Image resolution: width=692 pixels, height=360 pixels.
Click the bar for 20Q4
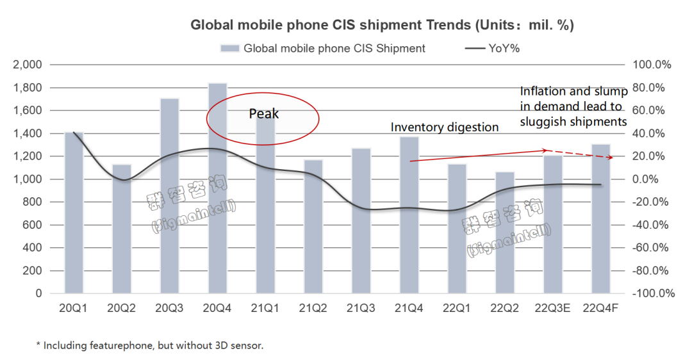click(x=217, y=192)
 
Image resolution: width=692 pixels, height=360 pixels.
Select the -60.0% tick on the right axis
click(x=652, y=248)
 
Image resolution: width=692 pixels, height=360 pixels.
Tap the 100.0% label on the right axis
click(x=652, y=65)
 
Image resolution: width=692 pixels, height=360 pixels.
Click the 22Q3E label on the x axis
click(x=553, y=309)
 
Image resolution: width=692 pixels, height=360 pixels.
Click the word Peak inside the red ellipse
click(x=264, y=114)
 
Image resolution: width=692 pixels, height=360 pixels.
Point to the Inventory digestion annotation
click(x=444, y=127)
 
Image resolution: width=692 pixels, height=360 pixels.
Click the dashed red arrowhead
click(x=617, y=158)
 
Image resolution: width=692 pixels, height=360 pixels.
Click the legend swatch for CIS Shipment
click(x=229, y=48)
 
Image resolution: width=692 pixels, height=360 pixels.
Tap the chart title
click(x=382, y=26)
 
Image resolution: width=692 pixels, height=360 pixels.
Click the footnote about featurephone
click(x=149, y=345)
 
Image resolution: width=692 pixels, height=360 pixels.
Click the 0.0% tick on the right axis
click(x=652, y=179)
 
